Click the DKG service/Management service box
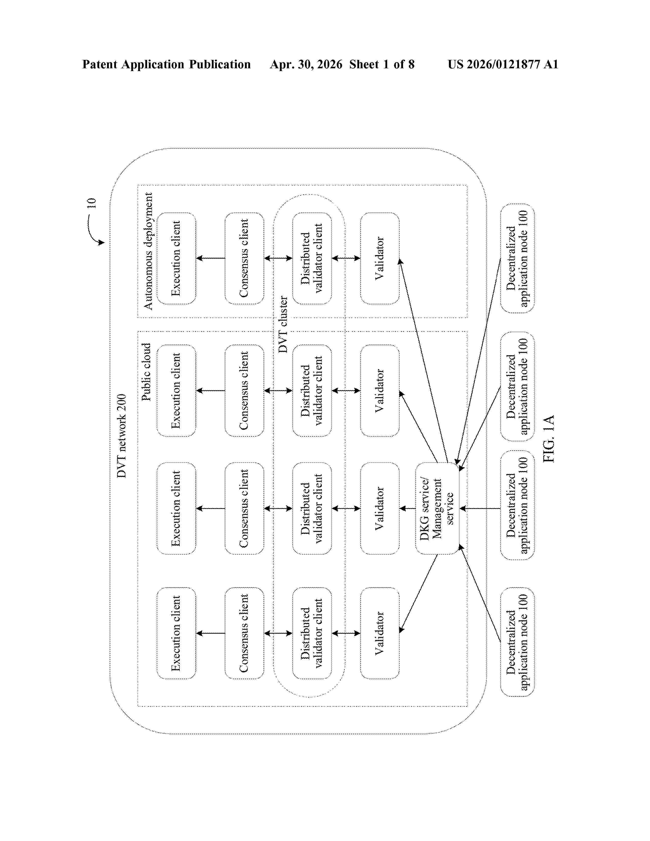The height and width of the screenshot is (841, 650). click(437, 508)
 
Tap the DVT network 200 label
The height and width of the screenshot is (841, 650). click(122, 436)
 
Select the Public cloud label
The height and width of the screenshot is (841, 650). click(146, 372)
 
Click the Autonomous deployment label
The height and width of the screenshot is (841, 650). click(148, 251)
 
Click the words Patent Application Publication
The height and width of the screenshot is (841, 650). click(166, 64)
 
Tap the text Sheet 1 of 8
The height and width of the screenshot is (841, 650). click(382, 64)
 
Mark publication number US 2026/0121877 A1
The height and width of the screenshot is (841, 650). click(503, 64)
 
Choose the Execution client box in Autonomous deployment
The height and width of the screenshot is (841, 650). click(176, 258)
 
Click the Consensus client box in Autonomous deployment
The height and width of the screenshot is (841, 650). click(244, 258)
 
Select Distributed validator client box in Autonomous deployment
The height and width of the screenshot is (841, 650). click(312, 258)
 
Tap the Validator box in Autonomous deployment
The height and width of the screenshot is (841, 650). click(380, 258)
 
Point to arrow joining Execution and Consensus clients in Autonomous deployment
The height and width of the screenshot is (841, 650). click(211, 258)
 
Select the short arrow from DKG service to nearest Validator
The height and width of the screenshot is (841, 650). click(407, 508)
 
